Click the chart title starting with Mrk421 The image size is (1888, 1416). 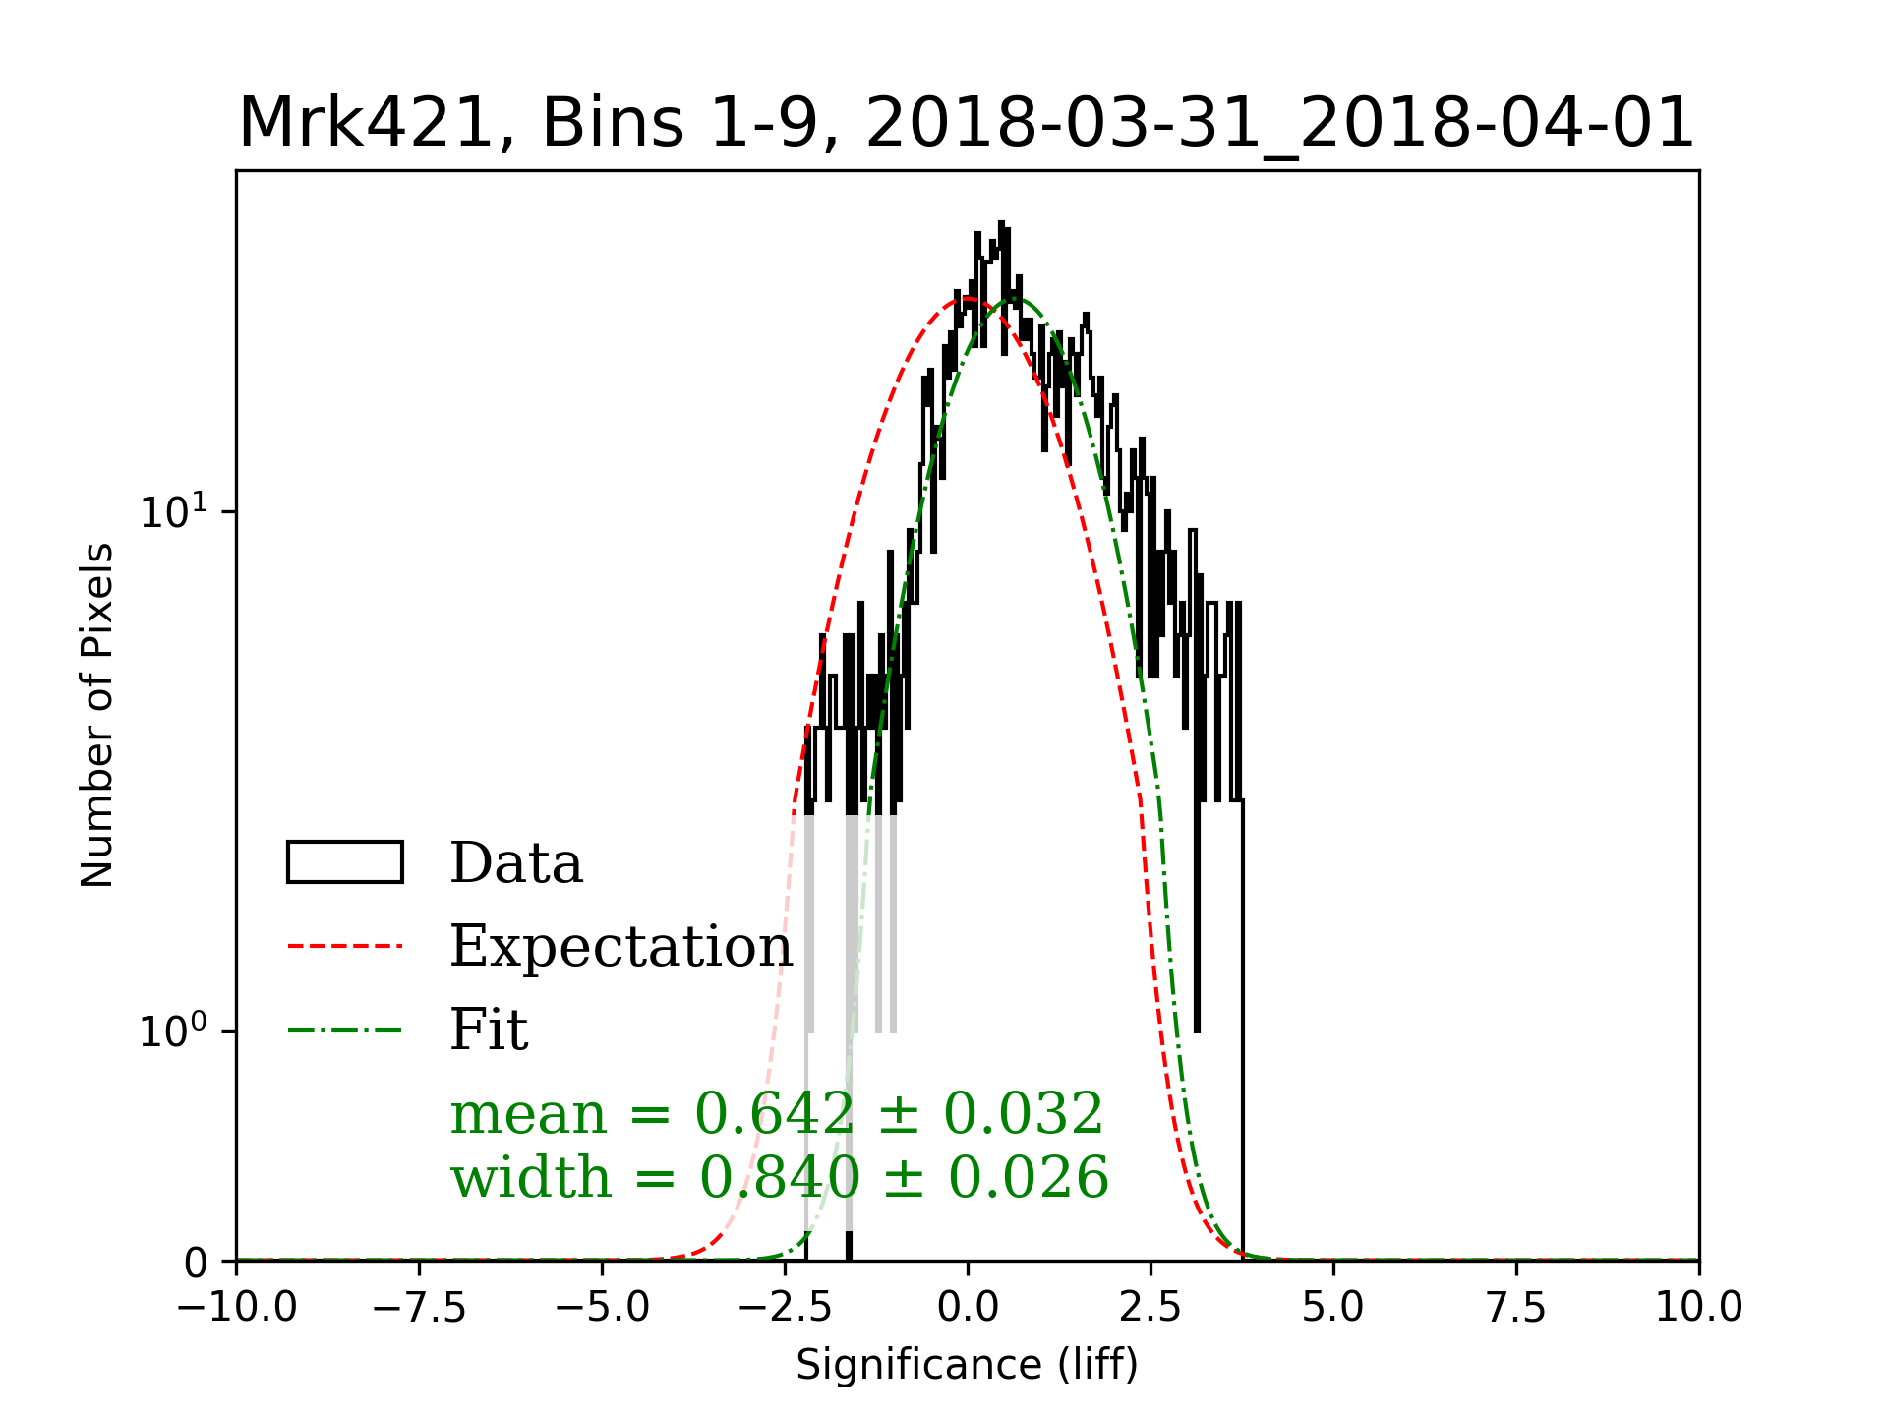click(x=966, y=124)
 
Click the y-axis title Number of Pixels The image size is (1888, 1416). click(x=96, y=715)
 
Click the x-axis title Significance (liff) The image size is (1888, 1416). click(x=967, y=1365)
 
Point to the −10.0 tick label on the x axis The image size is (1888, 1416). click(x=237, y=1307)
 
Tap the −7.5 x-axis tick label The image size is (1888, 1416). click(x=420, y=1307)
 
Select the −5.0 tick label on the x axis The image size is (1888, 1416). click(x=603, y=1307)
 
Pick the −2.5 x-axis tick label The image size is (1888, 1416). click(x=786, y=1307)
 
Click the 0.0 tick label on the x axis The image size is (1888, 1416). click(x=968, y=1307)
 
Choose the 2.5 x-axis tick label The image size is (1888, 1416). click(x=1150, y=1307)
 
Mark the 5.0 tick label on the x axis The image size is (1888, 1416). click(x=1333, y=1307)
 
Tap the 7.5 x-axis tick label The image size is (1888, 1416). click(x=1516, y=1307)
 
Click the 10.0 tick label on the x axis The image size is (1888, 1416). click(x=1698, y=1307)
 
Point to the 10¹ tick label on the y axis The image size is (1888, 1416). click(x=174, y=510)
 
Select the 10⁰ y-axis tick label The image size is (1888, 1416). click(x=174, y=1030)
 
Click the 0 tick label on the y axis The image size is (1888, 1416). click(x=196, y=1263)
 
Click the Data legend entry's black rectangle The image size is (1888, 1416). click(x=344, y=862)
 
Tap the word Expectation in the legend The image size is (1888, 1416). click(x=620, y=946)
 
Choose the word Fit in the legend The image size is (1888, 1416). click(x=489, y=1030)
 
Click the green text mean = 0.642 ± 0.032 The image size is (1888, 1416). click(x=777, y=1114)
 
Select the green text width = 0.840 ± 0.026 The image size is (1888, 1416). click(x=779, y=1177)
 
